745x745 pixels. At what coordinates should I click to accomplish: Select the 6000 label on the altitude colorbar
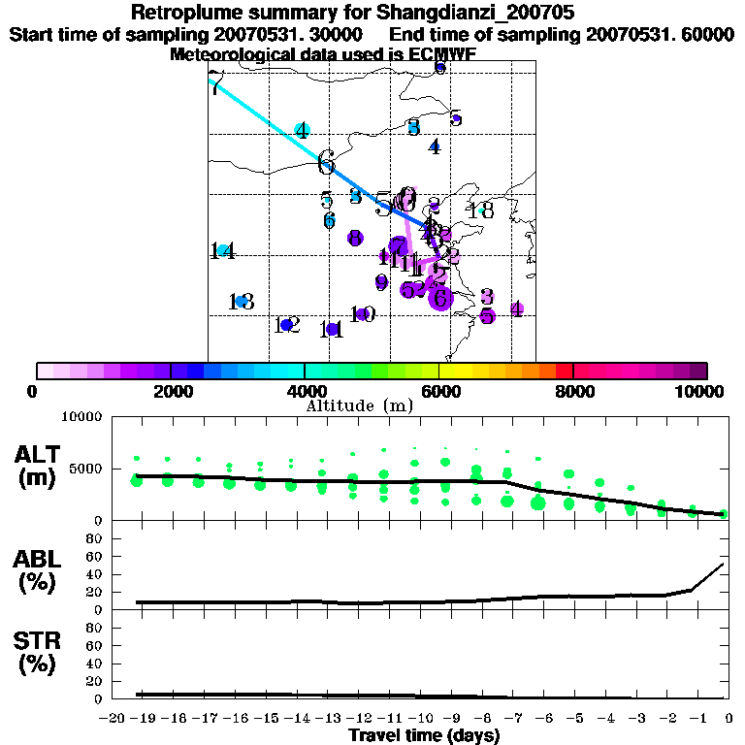point(438,391)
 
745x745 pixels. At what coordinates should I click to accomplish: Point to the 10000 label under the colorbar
point(701,391)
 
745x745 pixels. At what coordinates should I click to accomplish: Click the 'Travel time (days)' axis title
point(424,735)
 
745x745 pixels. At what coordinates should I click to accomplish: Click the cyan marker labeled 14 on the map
point(223,250)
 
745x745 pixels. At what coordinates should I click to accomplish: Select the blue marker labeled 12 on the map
point(286,325)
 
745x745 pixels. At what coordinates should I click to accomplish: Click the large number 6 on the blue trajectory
point(326,161)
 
